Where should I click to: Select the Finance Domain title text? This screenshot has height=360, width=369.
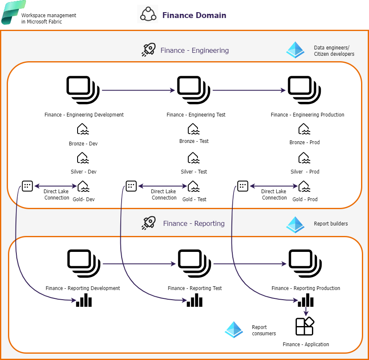(x=194, y=16)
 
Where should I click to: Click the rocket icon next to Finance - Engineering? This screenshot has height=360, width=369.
(x=148, y=50)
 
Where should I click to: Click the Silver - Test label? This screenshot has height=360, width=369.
(x=194, y=172)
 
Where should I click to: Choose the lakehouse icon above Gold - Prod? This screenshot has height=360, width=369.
(x=304, y=186)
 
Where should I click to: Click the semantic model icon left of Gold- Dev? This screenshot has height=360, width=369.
(x=27, y=186)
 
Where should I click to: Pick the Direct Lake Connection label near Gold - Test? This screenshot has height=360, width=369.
(x=164, y=194)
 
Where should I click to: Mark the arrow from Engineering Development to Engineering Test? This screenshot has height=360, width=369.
(x=138, y=90)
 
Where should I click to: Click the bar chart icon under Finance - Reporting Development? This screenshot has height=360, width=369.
(x=83, y=300)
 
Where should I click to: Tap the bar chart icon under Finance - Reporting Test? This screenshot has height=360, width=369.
(x=195, y=300)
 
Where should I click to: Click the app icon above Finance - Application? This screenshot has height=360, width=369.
(x=305, y=326)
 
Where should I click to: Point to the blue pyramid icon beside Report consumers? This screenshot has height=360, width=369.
(x=234, y=330)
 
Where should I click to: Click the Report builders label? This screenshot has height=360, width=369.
(x=331, y=224)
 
